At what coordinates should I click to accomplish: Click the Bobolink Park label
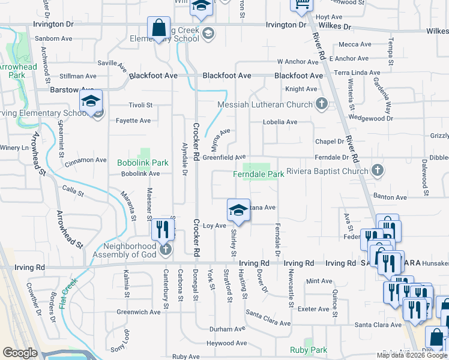(x=143, y=163)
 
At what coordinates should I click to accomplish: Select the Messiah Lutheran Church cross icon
(x=322, y=104)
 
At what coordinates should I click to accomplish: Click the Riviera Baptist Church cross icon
(x=378, y=171)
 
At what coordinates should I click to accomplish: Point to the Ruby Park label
(x=309, y=350)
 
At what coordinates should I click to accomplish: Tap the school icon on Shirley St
(x=238, y=210)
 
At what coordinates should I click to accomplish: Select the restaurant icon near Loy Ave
(x=162, y=229)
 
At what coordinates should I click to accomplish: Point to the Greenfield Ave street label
(x=224, y=157)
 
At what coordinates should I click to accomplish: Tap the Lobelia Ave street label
(x=280, y=122)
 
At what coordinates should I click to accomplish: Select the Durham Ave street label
(x=228, y=329)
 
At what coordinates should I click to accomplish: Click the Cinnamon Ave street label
(x=86, y=160)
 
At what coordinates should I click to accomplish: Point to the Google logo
(x=20, y=353)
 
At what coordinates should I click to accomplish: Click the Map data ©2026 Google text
(x=412, y=355)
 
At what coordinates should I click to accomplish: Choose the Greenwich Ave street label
(x=139, y=312)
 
